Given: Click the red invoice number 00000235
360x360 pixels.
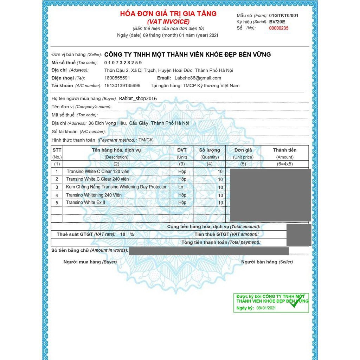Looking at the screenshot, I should [x=278, y=28].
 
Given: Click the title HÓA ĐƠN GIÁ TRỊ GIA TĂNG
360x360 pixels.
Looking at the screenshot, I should [x=168, y=14].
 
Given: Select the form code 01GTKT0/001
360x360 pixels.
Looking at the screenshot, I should [x=284, y=15].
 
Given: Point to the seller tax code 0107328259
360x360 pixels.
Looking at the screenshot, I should [x=123, y=63].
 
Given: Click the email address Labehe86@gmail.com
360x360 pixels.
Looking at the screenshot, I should [x=198, y=78].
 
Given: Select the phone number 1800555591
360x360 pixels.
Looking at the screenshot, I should [x=117, y=78].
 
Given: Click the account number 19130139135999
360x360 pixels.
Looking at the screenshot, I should [x=122, y=86].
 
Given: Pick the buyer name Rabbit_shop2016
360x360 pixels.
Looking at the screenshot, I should [x=138, y=99].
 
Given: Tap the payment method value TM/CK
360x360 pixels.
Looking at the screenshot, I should [x=146, y=140].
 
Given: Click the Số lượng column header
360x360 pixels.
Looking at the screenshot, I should [x=210, y=150].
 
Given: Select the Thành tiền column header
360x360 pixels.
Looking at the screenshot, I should [x=285, y=150].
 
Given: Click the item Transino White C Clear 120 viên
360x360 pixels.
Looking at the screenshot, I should [x=98, y=172].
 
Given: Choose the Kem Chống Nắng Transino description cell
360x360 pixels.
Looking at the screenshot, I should [x=116, y=187].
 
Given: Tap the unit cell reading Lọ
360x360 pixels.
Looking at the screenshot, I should [x=181, y=187].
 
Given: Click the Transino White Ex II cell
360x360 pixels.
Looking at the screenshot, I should [x=85, y=202].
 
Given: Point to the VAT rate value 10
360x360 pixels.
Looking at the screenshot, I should [x=123, y=234].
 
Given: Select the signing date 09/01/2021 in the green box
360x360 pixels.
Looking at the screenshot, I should [x=266, y=308].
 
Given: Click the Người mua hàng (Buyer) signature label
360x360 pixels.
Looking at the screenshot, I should [x=90, y=262].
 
